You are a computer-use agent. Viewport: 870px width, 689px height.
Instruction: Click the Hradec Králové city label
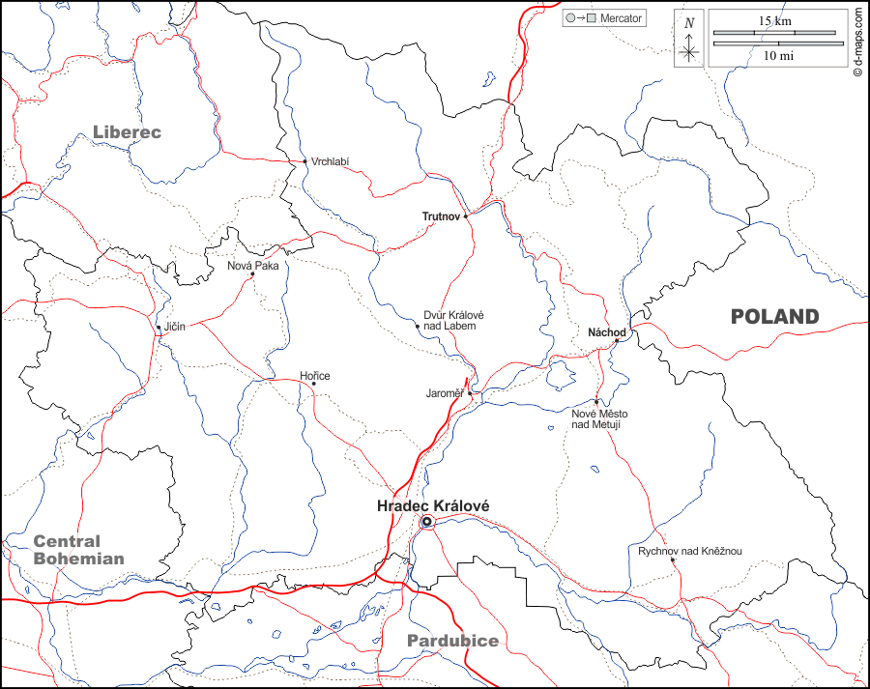433,505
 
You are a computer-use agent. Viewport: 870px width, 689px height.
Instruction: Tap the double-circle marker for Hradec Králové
426,522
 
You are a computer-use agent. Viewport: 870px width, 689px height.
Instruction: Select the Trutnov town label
441,215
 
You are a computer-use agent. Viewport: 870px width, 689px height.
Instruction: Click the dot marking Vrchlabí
304,161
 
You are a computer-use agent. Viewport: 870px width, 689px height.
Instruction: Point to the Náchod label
606,331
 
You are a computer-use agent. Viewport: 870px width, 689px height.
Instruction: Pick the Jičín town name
174,328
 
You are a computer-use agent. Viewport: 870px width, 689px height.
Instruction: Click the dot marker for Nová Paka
252,274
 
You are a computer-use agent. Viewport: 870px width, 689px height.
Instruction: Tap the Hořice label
315,375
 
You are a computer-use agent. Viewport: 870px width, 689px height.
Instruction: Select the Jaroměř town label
446,393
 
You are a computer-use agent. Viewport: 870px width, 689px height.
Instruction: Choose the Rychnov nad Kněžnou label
689,551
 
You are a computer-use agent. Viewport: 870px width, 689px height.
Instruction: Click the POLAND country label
774,317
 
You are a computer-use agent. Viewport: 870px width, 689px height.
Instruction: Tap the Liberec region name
127,132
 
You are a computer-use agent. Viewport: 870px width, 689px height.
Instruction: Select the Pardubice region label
452,641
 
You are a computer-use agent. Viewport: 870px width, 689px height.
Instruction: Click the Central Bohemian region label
78,550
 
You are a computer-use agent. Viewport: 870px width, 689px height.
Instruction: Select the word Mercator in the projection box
621,18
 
